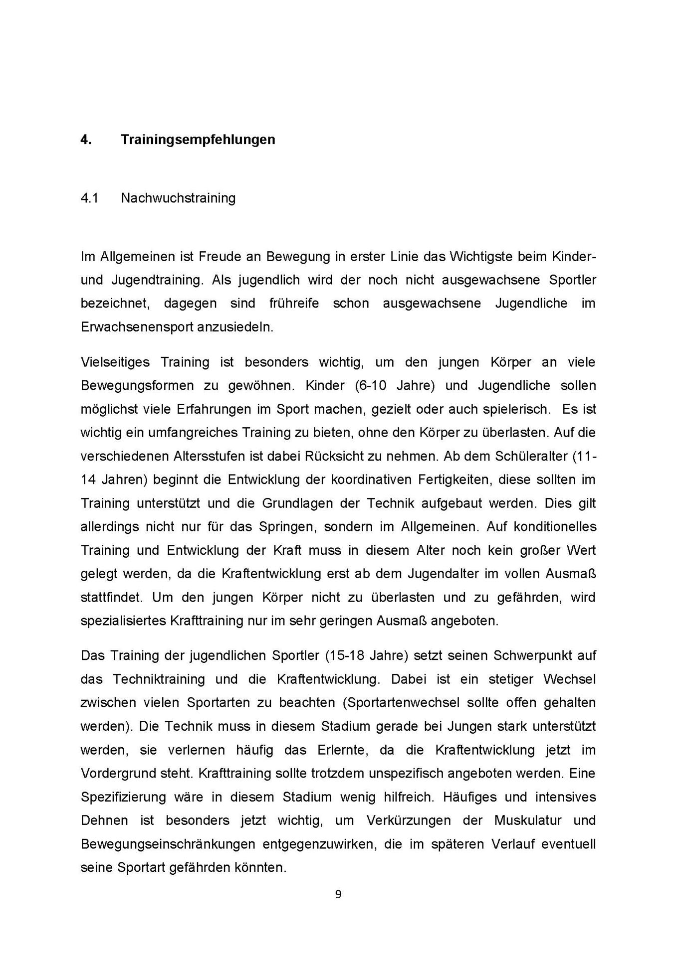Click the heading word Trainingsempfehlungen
pyautogui.click(x=198, y=140)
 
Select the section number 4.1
pyautogui.click(x=89, y=198)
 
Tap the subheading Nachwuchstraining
pyautogui.click(x=178, y=198)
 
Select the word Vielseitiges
pyautogui.click(x=115, y=362)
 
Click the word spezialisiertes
pyautogui.click(x=123, y=621)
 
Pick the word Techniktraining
pyautogui.click(x=159, y=679)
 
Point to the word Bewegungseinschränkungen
pyautogui.click(x=168, y=844)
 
